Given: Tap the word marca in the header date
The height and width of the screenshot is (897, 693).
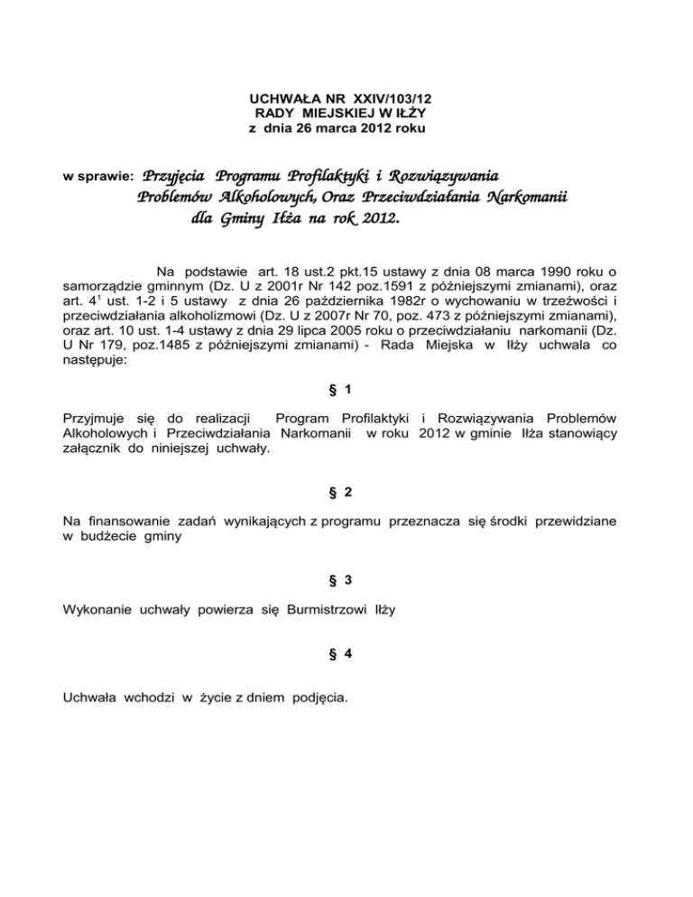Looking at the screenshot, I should pyautogui.click(x=345, y=129).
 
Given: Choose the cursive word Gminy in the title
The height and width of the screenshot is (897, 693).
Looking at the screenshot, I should pyautogui.click(x=245, y=219).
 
